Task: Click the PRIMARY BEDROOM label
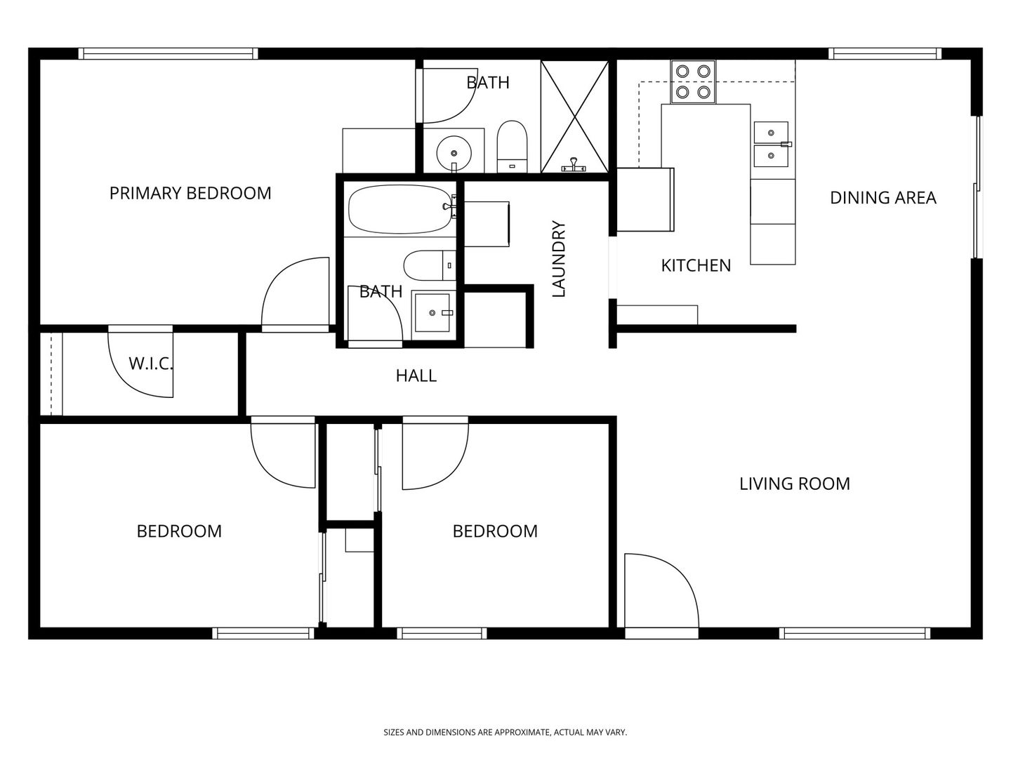tap(190, 193)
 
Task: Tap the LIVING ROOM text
tap(795, 484)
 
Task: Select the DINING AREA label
tap(883, 198)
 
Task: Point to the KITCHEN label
tap(696, 265)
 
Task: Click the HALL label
tap(416, 376)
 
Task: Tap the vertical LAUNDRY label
tap(558, 259)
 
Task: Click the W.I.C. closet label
tap(151, 364)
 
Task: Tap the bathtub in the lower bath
tap(399, 209)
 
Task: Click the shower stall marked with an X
tap(574, 117)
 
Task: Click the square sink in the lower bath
tap(432, 313)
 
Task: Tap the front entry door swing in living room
tap(661, 591)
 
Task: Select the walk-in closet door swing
tap(141, 364)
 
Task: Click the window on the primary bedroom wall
tap(168, 54)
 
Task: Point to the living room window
tap(855, 633)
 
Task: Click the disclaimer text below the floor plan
tap(505, 732)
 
